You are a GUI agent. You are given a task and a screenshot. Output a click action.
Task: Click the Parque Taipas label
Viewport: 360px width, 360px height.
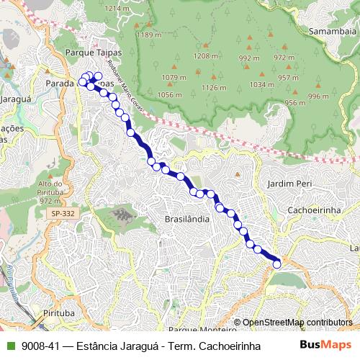pyautogui.click(x=94, y=53)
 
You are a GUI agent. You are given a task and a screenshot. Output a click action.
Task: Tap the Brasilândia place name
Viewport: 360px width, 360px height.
pyautogui.click(x=186, y=218)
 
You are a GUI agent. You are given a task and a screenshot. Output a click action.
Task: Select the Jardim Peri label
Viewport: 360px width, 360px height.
pyautogui.click(x=287, y=184)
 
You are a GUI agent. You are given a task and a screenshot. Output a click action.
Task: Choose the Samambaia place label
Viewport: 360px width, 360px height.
pyautogui.click(x=332, y=32)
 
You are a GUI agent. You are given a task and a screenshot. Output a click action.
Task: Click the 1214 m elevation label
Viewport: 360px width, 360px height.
pyautogui.click(x=120, y=8)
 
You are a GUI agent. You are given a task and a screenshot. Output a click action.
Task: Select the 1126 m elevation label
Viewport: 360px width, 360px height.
pyautogui.click(x=214, y=88)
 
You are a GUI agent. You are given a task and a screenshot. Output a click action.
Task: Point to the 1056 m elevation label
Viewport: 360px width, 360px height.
pyautogui.click(x=169, y=95)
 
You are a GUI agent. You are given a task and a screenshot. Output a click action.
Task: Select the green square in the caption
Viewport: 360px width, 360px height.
pyautogui.click(x=9, y=346)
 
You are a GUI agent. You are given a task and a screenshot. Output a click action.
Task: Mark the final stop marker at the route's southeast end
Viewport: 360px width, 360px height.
pyautogui.click(x=277, y=264)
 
